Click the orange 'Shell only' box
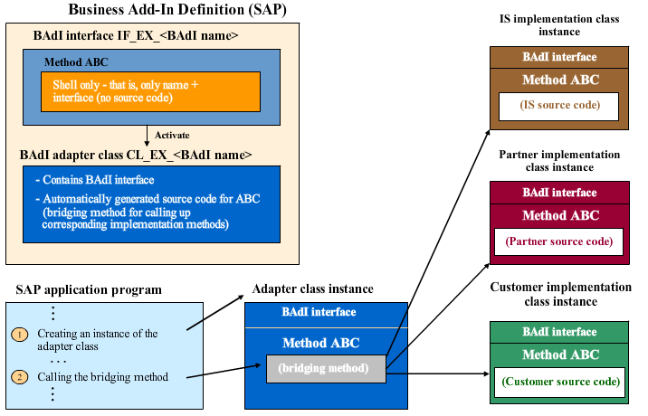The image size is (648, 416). (150, 91)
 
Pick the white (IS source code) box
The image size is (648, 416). (559, 106)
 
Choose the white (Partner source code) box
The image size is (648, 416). (559, 242)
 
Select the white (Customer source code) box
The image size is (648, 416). (559, 382)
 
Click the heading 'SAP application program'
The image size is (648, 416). (89, 290)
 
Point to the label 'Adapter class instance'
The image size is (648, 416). (313, 289)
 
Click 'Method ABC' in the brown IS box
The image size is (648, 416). (559, 80)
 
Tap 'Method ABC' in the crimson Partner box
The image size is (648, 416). (559, 215)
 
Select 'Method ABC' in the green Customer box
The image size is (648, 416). (559, 355)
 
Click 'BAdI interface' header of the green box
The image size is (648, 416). (559, 332)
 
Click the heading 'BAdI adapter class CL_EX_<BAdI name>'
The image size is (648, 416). (136, 155)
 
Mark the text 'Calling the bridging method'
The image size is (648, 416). (104, 377)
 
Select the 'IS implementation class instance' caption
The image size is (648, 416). (559, 25)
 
